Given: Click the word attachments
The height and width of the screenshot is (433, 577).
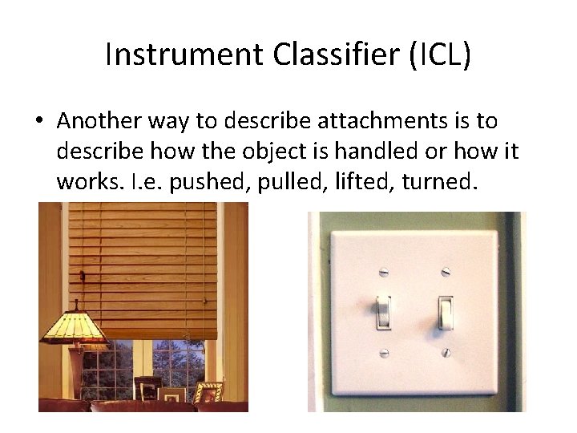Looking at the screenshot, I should pyautogui.click(x=375, y=121).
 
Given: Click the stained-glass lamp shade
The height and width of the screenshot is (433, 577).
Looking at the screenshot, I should pyautogui.click(x=76, y=324).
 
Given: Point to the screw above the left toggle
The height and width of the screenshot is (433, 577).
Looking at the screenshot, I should pyautogui.click(x=383, y=270).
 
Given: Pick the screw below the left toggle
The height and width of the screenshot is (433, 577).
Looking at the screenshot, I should pyautogui.click(x=383, y=352).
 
